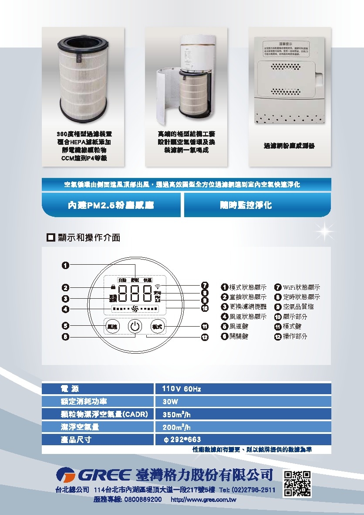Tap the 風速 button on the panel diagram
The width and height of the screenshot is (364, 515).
click(112, 327)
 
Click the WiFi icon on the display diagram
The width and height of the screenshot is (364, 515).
click(158, 287)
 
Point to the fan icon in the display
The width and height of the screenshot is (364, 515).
click(135, 309)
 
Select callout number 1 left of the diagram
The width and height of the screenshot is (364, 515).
click(65, 265)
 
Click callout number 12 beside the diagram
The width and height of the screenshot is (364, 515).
click(205, 337)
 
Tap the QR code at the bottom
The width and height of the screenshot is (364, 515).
click(297, 484)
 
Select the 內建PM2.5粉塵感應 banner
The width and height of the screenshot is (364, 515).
click(111, 205)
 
